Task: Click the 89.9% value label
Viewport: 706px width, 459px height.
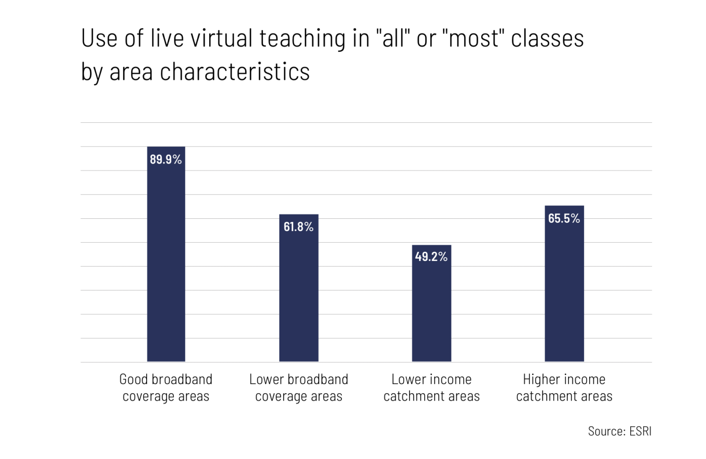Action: (x=166, y=159)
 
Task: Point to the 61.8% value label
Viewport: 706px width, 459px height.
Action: (x=299, y=227)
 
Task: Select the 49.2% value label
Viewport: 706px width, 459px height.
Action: (x=431, y=256)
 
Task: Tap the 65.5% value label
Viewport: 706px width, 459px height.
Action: (x=564, y=218)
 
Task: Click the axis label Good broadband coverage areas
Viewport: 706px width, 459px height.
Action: (x=166, y=387)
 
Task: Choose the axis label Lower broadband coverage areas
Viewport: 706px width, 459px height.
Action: (x=299, y=387)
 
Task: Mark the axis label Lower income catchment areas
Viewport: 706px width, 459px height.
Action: (x=431, y=387)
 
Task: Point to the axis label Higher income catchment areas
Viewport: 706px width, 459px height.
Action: (x=564, y=387)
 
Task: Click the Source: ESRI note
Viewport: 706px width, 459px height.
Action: (x=620, y=431)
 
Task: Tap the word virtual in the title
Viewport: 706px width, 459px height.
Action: (x=222, y=38)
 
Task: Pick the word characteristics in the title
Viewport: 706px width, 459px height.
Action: (x=235, y=72)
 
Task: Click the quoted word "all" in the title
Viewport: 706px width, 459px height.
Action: (x=393, y=38)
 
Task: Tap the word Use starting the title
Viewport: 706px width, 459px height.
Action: (x=99, y=38)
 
